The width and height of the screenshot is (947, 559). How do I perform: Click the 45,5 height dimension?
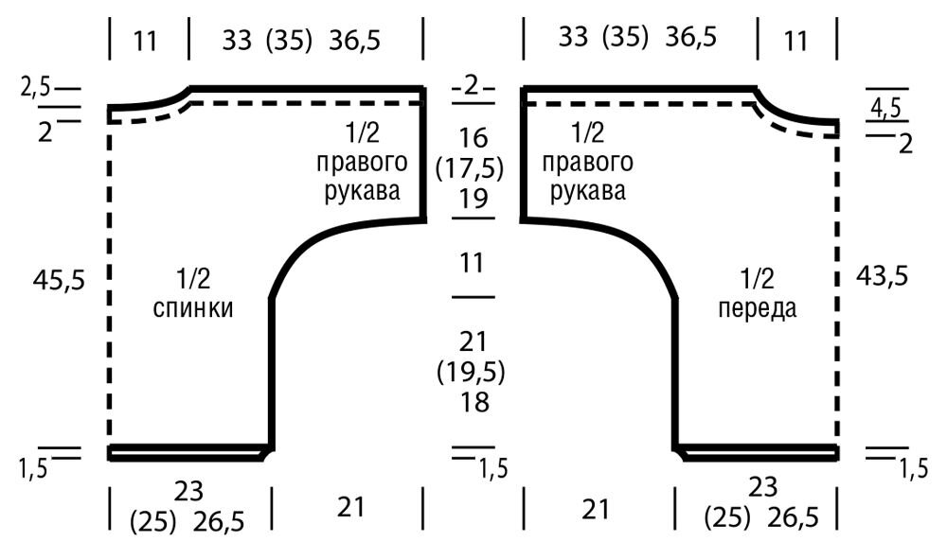[59, 280]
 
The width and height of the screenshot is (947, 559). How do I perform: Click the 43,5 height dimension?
[882, 276]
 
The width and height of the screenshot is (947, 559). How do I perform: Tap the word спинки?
[193, 308]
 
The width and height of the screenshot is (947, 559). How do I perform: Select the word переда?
[758, 308]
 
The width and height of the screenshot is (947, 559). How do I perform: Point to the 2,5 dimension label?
[36, 88]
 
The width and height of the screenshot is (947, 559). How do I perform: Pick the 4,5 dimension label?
[885, 109]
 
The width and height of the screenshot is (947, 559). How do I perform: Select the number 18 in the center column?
[473, 402]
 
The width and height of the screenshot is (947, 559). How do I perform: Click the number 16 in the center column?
[473, 138]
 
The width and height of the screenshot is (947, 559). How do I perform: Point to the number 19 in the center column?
[473, 198]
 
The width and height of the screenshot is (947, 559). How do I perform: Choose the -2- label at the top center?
[473, 86]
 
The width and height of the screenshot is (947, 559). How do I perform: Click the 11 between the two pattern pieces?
[472, 264]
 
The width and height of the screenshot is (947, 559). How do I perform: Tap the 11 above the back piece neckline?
[145, 41]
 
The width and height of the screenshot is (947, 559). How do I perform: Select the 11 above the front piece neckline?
[796, 41]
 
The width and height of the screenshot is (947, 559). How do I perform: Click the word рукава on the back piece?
[363, 192]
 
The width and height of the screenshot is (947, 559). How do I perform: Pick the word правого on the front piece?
[588, 162]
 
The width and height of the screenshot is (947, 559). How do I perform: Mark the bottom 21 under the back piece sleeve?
[351, 508]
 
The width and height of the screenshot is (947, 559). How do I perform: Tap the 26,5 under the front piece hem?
[793, 517]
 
